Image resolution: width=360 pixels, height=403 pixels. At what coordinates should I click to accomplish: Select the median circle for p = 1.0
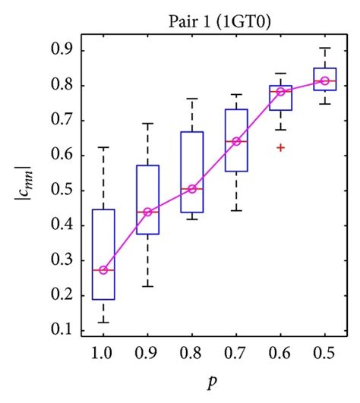[x=103, y=269]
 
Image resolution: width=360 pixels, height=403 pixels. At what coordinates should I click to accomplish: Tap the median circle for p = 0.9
[x=147, y=212]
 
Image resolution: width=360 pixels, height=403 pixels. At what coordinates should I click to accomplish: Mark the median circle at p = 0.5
[x=324, y=80]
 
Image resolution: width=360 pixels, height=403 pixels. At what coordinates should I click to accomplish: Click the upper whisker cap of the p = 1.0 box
[x=103, y=146]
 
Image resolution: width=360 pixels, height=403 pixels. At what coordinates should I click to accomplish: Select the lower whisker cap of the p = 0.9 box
[x=147, y=286]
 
